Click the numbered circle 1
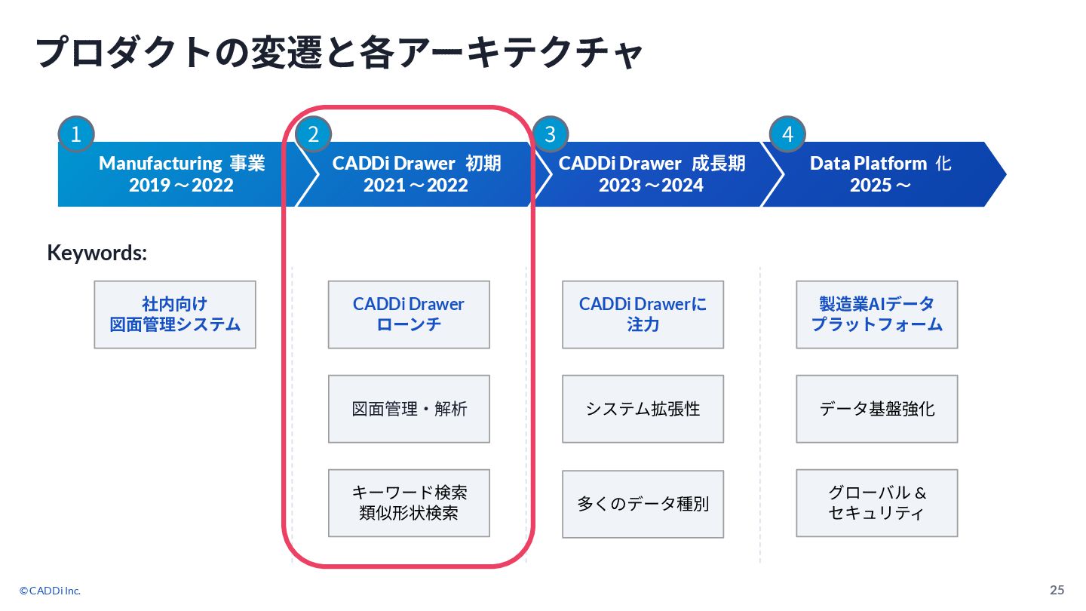coord(75,134)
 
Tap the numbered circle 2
coord(313,134)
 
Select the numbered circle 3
coord(550,134)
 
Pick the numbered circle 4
coord(787,134)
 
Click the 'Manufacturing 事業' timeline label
coord(182,164)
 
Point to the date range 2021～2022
coord(416,186)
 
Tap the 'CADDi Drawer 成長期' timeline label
coord(652,164)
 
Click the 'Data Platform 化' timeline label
coord(880,164)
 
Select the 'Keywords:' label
coord(97,253)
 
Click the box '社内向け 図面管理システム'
coord(175,315)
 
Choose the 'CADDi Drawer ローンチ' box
coord(409,315)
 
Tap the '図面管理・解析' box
coord(409,409)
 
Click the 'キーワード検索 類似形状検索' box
coord(409,503)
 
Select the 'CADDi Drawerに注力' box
coord(643,315)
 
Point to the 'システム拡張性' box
coord(643,409)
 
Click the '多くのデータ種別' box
coord(643,504)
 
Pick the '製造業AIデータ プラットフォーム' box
coord(876,315)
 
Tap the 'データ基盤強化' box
coord(876,409)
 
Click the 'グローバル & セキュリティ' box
coord(876,503)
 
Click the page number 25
coord(1057,590)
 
